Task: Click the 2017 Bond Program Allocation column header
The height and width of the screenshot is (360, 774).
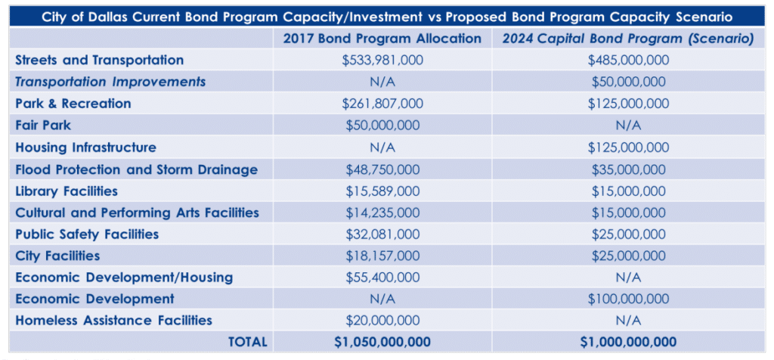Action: [x=382, y=39]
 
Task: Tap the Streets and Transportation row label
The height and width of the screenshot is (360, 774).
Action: [x=99, y=60]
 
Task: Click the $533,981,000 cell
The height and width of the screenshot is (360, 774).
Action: [x=382, y=61]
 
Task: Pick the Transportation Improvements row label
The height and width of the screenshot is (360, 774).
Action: [x=110, y=82]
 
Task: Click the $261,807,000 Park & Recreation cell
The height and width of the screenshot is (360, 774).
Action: [x=382, y=104]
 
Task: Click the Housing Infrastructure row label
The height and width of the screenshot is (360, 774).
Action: [x=85, y=147]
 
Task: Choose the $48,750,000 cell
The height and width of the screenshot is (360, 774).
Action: [x=382, y=169]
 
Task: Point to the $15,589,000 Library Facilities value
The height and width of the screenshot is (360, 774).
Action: [x=382, y=191]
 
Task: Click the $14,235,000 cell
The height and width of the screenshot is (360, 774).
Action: [x=382, y=213]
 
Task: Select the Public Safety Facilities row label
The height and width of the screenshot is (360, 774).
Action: [x=87, y=234]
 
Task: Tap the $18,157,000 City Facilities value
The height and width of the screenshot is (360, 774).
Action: [x=382, y=256]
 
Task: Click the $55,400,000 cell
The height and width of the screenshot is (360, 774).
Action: [x=382, y=278]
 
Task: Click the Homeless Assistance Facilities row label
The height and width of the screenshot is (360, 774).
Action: [x=113, y=320]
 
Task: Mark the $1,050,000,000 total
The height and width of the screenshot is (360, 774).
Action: [x=382, y=342]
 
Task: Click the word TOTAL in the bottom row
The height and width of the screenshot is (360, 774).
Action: [x=247, y=342]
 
